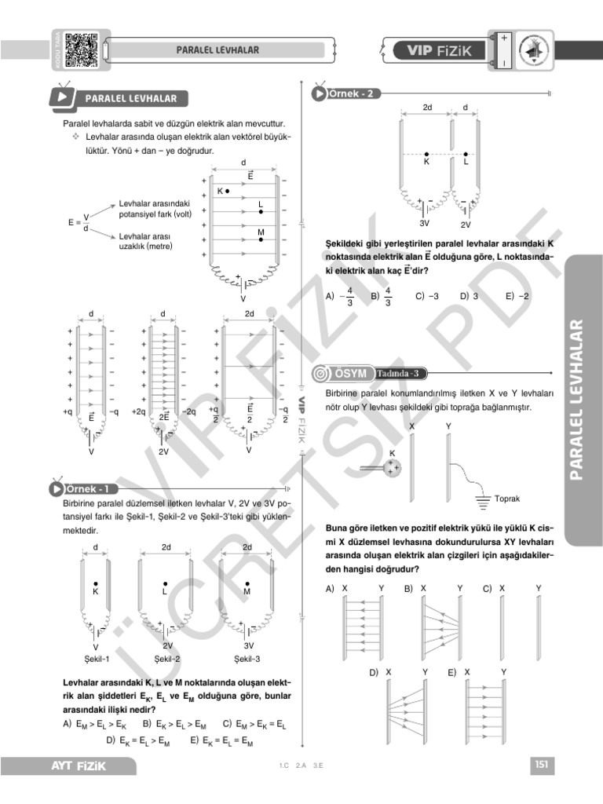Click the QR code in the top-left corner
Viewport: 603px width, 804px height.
80,48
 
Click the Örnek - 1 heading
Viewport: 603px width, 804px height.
87,489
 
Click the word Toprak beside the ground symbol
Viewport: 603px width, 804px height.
507,499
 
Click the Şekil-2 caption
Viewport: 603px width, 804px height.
167,658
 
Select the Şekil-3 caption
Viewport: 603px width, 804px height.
247,658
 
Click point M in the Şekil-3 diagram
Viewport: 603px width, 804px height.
247,584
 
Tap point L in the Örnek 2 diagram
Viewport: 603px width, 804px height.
466,155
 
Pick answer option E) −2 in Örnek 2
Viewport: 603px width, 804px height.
517,297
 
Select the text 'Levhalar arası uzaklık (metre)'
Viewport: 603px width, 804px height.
145,241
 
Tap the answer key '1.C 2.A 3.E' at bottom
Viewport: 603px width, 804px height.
301,766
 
